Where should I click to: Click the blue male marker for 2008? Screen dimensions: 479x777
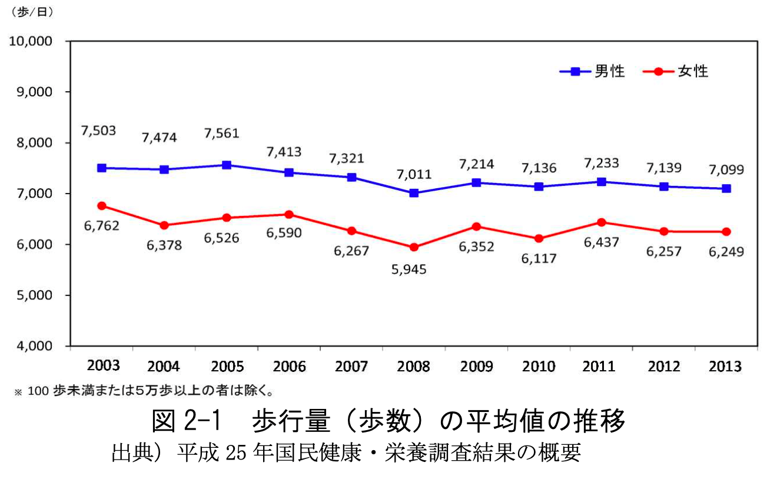(x=414, y=193)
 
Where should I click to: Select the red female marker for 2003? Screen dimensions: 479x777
(x=102, y=206)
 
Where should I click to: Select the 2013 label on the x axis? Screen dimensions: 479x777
(x=726, y=367)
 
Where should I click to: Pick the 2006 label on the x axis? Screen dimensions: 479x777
(x=288, y=367)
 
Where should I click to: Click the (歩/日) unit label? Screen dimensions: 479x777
(x=30, y=12)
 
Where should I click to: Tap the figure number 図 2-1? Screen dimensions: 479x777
(x=185, y=421)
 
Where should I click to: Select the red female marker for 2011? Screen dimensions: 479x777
(x=601, y=222)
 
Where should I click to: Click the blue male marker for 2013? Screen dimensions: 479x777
(x=726, y=188)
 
